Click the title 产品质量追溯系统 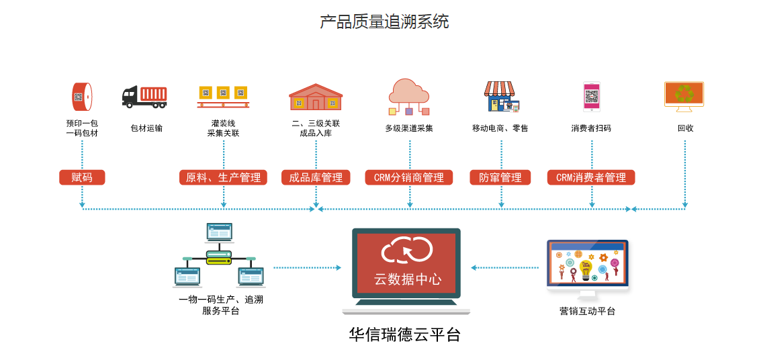(384, 22)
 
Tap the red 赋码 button (82, 177)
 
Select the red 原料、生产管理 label (223, 177)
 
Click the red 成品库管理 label (316, 177)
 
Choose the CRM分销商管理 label (408, 177)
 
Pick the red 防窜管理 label (500, 177)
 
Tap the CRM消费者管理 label (591, 177)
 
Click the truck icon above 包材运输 (144, 97)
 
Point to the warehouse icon (316, 97)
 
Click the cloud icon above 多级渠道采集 (408, 91)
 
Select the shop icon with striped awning (500, 97)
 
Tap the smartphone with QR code (591, 97)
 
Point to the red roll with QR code (82, 97)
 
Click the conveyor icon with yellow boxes (223, 97)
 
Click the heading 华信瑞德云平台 (405, 334)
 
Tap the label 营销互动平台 (587, 311)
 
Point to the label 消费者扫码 (591, 128)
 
